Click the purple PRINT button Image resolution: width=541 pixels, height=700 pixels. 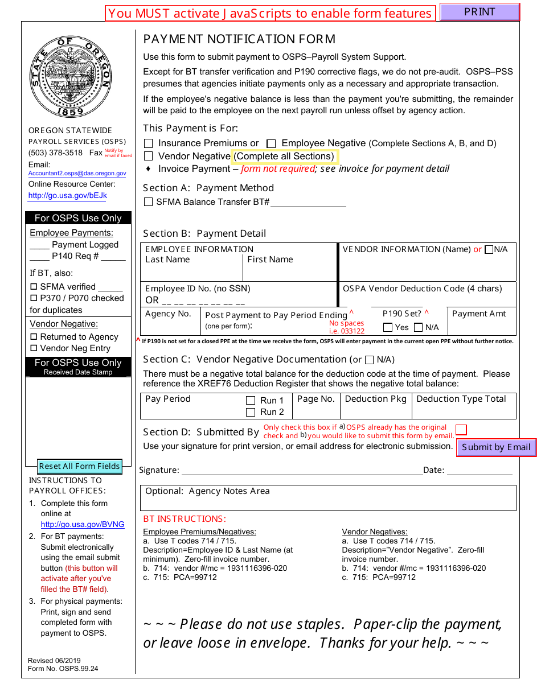coord(479,12)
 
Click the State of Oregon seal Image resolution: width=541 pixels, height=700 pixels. coord(71,76)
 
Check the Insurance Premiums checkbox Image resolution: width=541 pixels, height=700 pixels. coord(149,143)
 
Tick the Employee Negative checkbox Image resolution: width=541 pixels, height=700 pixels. coord(272,143)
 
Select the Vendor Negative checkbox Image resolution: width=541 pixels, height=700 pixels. coord(149,156)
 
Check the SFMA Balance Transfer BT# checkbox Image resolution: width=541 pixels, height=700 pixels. coord(149,202)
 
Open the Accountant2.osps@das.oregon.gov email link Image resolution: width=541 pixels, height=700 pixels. coord(77,174)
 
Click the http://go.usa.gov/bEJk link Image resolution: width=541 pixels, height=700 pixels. coord(67,195)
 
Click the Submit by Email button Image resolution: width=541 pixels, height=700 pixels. coord(496,447)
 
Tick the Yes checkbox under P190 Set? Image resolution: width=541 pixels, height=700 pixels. coord(388,327)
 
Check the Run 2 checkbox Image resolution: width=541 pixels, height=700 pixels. coord(251,412)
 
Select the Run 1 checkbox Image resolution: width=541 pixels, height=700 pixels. coord(251,401)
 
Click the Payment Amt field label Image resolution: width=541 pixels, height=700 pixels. coord(479,314)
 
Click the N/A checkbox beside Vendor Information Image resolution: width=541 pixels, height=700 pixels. coord(489,249)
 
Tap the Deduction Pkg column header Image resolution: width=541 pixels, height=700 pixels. coord(376,399)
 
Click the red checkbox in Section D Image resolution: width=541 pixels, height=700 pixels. coord(461,429)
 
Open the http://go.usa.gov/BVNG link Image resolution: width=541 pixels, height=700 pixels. coord(83,524)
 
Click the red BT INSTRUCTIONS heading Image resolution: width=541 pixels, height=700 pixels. coord(185,519)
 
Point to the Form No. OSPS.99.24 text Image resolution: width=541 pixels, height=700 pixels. coord(63,669)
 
